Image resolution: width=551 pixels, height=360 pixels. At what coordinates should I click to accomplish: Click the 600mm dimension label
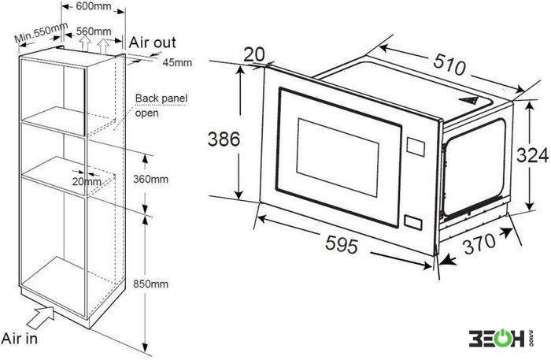coord(94,6)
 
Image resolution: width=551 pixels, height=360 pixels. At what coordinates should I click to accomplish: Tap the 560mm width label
coord(94,32)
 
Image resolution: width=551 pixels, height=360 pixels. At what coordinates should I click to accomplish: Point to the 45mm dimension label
coord(177,62)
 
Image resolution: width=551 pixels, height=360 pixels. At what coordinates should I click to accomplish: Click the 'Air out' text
coord(152,43)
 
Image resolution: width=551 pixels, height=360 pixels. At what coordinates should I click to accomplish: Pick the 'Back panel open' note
coord(161,105)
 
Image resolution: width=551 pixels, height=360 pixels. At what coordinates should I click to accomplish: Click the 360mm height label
coord(150,180)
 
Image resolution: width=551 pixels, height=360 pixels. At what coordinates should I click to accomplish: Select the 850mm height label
coord(150,284)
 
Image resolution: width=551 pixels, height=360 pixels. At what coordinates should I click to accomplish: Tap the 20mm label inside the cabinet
coord(87,182)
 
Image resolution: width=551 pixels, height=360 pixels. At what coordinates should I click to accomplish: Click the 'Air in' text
coord(20,339)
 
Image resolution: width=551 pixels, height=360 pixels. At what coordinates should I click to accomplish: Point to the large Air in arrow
coord(41,317)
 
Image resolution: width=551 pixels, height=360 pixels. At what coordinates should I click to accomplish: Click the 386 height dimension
coord(224,139)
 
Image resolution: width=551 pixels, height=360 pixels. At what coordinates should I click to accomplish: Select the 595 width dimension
coord(342,243)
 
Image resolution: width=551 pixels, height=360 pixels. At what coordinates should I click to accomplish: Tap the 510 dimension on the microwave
coord(449,65)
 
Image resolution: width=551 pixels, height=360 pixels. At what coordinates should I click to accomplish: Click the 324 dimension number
coord(532,155)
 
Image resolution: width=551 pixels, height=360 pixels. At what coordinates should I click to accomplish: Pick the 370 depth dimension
coord(479,243)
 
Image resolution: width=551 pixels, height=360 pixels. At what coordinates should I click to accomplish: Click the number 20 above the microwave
coord(254,54)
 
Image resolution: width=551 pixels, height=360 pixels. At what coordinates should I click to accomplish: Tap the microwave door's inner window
coord(338,158)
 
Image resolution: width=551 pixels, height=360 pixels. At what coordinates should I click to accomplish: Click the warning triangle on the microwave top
coord(468,101)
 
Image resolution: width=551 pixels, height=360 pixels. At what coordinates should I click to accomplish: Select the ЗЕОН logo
coord(501,338)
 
